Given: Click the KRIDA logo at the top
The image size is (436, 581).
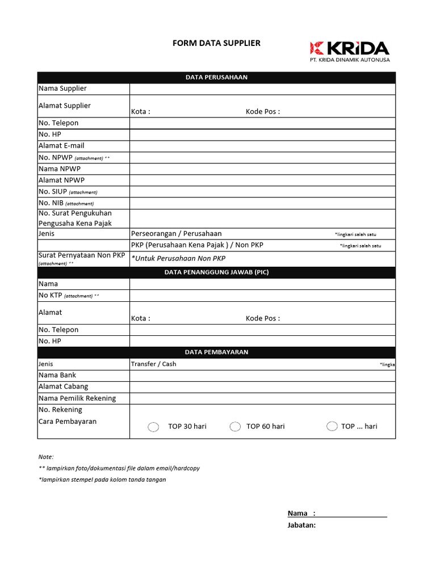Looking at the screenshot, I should tap(349, 51).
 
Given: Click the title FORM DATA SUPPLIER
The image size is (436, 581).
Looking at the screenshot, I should tap(216, 43).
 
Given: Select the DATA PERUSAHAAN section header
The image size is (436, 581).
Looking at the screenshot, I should tap(216, 77).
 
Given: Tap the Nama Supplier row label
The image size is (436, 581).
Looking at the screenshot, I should tap(62, 89).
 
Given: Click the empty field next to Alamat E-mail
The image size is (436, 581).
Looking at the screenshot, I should tap(262, 146).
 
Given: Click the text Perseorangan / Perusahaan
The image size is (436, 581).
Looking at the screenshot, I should tap(176, 234).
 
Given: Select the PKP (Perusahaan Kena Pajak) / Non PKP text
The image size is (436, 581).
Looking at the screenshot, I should tap(197, 245).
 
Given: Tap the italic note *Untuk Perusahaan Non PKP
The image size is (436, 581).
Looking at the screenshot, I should tap(178, 259).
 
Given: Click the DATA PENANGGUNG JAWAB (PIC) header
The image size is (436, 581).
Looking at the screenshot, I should tap(216, 272).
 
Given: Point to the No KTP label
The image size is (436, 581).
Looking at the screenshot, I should tap(51, 295).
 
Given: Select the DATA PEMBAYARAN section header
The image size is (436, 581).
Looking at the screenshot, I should tap(216, 352).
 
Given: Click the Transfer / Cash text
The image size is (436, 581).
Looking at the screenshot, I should tap(153, 364).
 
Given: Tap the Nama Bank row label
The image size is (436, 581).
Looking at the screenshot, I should tap(57, 375).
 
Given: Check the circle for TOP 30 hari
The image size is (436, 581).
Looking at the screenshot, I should tap(153, 427).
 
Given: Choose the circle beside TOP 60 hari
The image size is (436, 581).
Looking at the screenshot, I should tap(235, 427).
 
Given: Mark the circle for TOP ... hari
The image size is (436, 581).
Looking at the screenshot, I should tap(332, 426).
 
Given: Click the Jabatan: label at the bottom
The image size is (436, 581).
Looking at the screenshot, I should tap(301, 525).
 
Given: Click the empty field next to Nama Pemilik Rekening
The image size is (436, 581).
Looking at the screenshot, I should tap(262, 398).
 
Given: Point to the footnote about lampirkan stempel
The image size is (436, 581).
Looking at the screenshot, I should tap(102, 479).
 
